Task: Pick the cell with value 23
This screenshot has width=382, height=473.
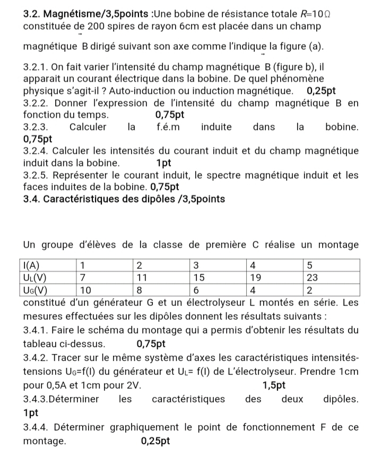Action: tap(313, 277)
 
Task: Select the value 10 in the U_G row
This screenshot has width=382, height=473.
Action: tap(86, 290)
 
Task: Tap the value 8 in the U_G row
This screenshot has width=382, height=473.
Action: tap(139, 290)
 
